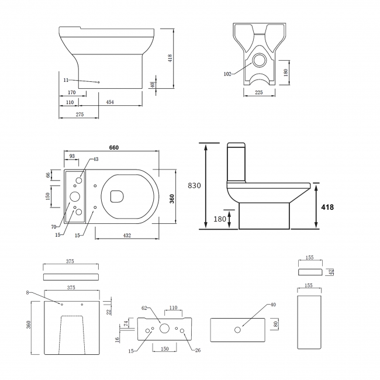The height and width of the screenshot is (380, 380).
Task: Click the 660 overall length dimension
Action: pos(113,147)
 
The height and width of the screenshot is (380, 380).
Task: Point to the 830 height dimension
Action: pos(195,185)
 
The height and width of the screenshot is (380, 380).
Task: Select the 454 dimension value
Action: pos(109,102)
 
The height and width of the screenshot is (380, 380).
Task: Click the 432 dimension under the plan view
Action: pos(127,235)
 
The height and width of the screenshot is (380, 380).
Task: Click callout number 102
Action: pos(227,74)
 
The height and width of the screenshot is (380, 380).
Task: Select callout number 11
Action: pos(67,80)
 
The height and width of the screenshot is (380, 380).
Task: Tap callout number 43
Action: pos(96,160)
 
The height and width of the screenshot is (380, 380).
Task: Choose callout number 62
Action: pos(144,308)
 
